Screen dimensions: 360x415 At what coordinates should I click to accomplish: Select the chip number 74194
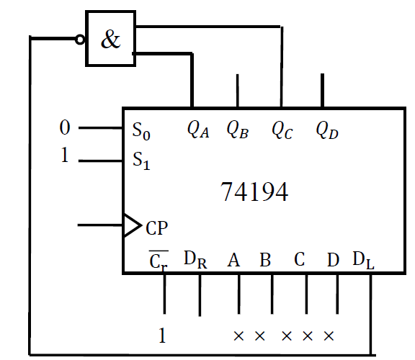[254, 192]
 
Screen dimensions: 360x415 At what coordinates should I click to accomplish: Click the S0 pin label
[142, 131]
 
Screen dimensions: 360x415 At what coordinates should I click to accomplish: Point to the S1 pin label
[142, 161]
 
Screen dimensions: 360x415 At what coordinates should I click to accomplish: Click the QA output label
[197, 130]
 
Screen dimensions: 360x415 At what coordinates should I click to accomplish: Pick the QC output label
[282, 130]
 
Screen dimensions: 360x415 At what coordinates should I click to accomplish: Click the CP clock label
[156, 228]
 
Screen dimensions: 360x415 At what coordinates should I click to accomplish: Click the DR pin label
[195, 259]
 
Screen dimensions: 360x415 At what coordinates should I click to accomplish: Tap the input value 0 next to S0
[65, 128]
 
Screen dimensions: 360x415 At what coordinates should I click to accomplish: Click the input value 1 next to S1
[65, 156]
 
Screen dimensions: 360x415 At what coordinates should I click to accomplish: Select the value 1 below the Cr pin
[164, 335]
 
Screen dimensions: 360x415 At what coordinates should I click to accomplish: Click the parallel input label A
[233, 258]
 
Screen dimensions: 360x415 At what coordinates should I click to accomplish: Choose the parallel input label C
[299, 258]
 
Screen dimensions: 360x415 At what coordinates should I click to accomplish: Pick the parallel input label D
[332, 258]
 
